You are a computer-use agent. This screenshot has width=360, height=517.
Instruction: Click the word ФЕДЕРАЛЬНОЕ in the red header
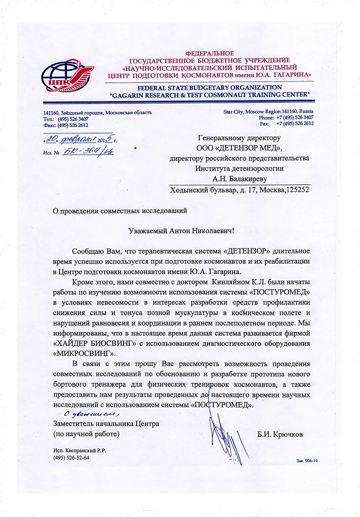point(209,53)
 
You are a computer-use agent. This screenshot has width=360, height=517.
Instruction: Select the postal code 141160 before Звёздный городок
point(51,113)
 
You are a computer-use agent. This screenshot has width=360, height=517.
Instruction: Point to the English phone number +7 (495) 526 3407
point(295,117)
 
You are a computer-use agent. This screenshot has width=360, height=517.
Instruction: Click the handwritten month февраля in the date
point(78,139)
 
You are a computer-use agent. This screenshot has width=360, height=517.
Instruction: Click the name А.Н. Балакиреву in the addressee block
point(239,179)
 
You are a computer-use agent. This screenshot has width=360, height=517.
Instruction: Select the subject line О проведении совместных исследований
point(120,211)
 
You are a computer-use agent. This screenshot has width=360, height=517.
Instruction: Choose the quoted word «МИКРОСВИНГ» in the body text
point(84,354)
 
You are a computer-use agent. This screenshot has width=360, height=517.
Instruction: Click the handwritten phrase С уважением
point(91,414)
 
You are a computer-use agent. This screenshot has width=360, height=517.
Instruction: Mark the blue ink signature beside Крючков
point(227,438)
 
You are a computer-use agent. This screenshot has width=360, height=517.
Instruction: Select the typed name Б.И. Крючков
point(280,434)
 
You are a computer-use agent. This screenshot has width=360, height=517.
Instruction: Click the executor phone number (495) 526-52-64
point(71,457)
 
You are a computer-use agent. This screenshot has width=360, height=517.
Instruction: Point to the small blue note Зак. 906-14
point(307,461)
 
